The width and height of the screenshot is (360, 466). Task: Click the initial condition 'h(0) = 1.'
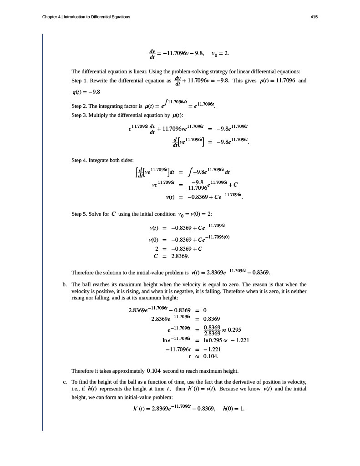click(233, 408)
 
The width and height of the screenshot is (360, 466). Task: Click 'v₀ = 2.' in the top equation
click(220, 54)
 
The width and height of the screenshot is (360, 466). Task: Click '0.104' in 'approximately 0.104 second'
click(154, 369)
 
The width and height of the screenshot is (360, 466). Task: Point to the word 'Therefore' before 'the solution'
click(82, 273)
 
